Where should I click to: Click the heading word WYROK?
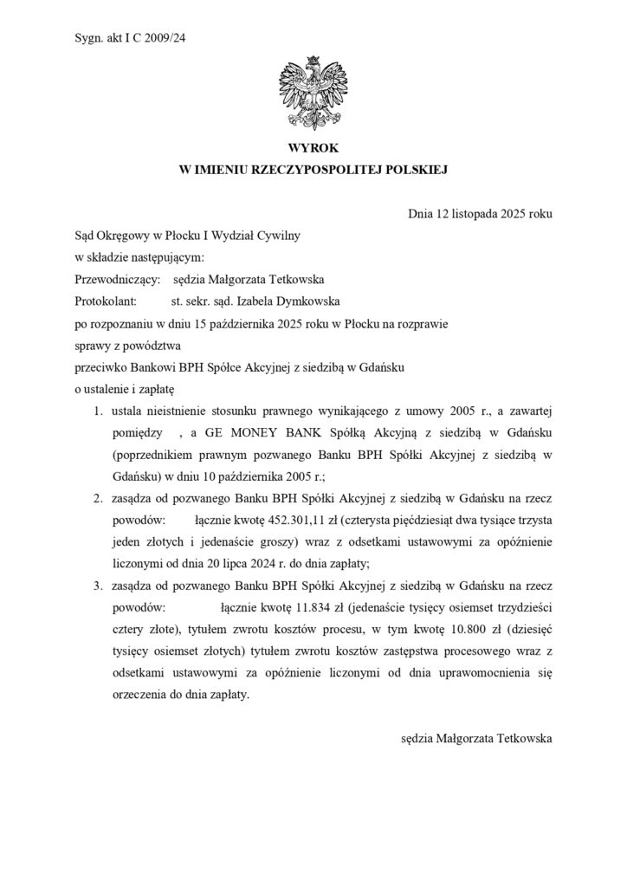(x=313, y=149)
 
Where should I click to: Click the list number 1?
(x=100, y=411)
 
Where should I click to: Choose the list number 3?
(x=100, y=586)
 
